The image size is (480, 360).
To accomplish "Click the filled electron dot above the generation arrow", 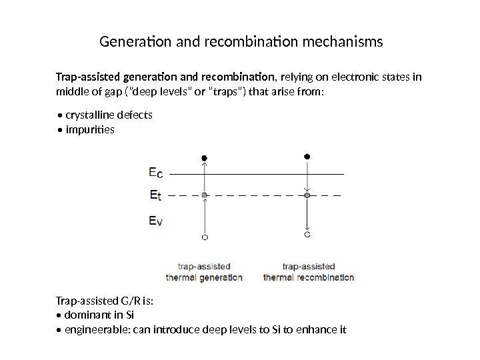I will [205, 158].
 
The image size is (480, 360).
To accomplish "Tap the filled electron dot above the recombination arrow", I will [307, 156].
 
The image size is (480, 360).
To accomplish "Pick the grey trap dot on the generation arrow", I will [205, 195].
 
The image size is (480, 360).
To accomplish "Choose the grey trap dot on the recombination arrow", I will [307, 195].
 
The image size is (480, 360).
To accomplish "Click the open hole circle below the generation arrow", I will [205, 236].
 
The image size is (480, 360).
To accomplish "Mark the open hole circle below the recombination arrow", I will [307, 235].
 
